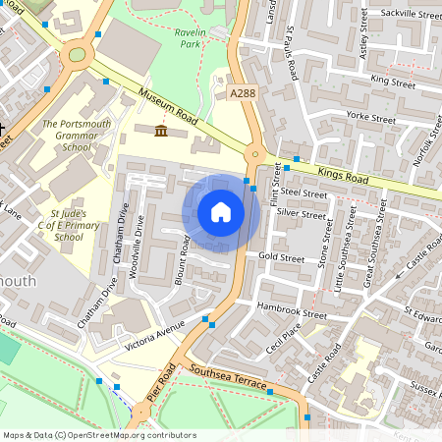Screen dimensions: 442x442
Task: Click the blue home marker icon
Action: pyautogui.click(x=221, y=211)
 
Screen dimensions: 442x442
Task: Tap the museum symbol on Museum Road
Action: pyautogui.click(x=160, y=132)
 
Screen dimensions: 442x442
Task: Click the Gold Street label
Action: pyautogui.click(x=282, y=256)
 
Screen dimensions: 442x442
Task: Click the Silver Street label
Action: pyautogui.click(x=301, y=213)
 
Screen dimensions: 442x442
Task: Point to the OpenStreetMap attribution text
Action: pyautogui.click(x=98, y=434)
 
